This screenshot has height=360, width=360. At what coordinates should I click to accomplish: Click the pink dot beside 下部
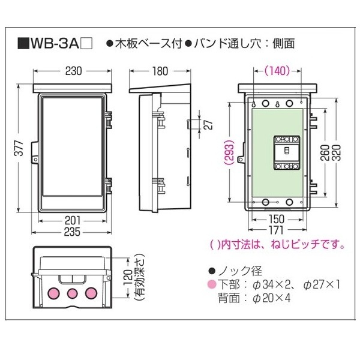pyautogui.click(x=211, y=283)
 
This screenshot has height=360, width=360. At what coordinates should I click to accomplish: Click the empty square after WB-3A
pyautogui.click(x=86, y=43)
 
